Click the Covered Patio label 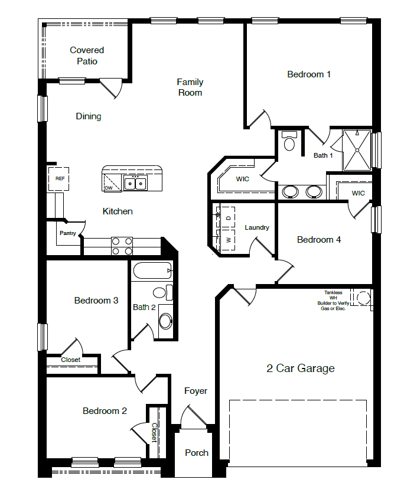(x=87, y=56)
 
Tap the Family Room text (x=190, y=87)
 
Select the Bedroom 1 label (x=309, y=74)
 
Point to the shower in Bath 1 (x=357, y=150)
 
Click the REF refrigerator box (x=59, y=178)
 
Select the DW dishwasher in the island (x=109, y=188)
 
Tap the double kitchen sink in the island (x=135, y=184)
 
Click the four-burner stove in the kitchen (x=122, y=246)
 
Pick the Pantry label (x=67, y=233)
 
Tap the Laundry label (x=257, y=227)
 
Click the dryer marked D (x=228, y=218)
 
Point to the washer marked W (x=228, y=239)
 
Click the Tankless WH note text (x=333, y=301)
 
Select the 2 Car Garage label (x=300, y=368)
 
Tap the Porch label (x=197, y=453)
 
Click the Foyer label (x=196, y=391)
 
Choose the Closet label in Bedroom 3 (x=71, y=360)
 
